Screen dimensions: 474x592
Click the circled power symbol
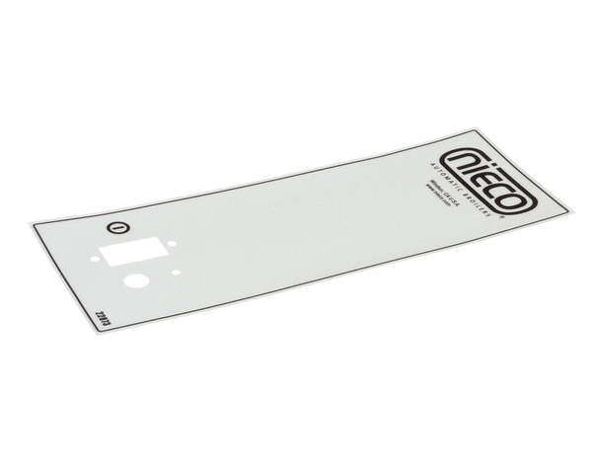click(x=118, y=227)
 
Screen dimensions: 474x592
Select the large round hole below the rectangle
click(x=136, y=280)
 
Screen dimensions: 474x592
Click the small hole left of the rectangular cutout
click(x=95, y=260)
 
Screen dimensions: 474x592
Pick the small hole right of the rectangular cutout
click(x=171, y=246)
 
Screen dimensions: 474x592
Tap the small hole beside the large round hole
click(x=176, y=273)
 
